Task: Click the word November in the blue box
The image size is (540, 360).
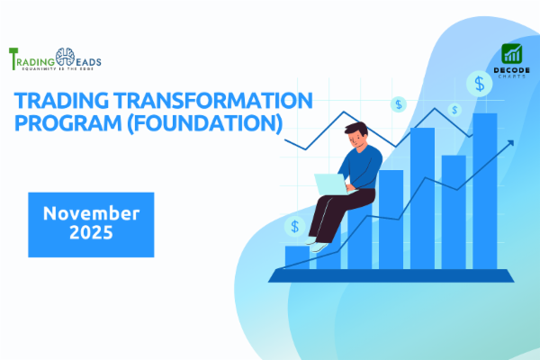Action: (x=91, y=213)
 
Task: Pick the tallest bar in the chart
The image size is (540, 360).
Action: (x=485, y=190)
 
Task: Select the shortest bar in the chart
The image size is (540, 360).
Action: (x=297, y=256)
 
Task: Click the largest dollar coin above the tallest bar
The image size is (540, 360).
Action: (x=478, y=85)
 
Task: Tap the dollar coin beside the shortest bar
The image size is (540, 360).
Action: (x=293, y=226)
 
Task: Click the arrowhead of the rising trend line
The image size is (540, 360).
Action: (x=510, y=142)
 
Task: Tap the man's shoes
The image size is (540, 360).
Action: (x=314, y=240)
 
